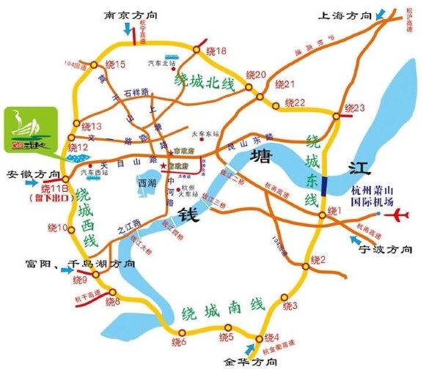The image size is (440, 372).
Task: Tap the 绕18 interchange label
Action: click(x=217, y=51)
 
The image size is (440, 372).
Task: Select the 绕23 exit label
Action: click(x=354, y=108)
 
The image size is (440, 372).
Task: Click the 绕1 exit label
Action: click(x=334, y=211)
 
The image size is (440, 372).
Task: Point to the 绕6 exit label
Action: click(x=180, y=342)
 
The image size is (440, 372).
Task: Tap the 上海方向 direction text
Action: click(x=344, y=14)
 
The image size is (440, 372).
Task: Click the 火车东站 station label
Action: click(x=206, y=134)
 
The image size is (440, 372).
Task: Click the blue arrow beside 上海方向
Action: click(x=382, y=13)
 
